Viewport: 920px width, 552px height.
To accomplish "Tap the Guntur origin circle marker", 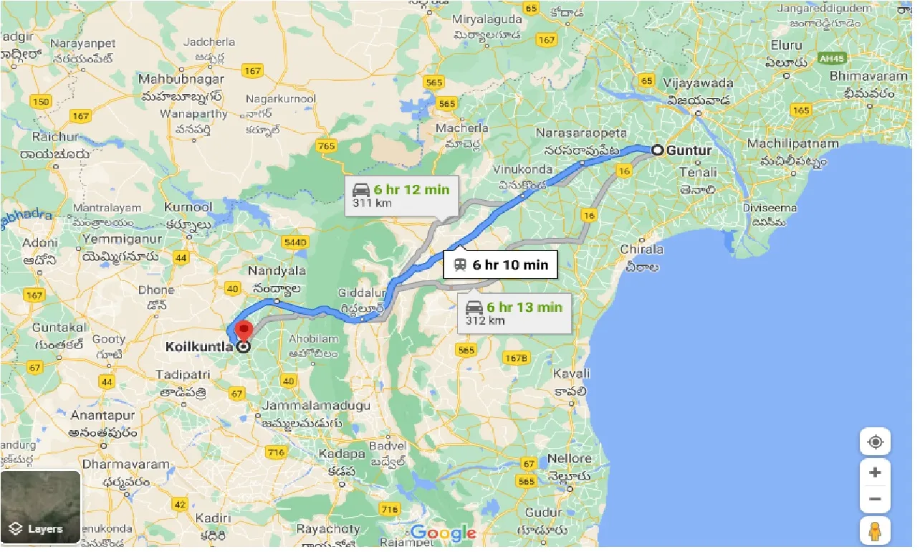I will tap(656, 150).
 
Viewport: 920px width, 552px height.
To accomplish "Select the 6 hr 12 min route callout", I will tap(401, 196).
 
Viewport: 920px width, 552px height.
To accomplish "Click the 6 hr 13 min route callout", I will tap(514, 313).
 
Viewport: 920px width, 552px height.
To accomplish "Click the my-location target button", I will tap(875, 442).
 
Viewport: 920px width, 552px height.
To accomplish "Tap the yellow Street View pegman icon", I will tap(875, 531).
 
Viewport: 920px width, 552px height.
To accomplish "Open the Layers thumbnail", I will tap(41, 508).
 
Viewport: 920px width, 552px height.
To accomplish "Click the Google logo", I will tap(443, 533).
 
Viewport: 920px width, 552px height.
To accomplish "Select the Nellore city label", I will tap(570, 458).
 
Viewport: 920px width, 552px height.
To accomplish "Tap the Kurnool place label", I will tap(188, 207).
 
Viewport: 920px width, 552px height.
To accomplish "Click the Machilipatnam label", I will tap(792, 143).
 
